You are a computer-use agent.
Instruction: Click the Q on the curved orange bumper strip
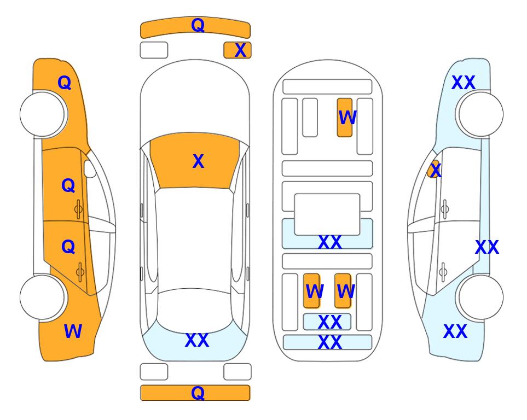click(x=198, y=25)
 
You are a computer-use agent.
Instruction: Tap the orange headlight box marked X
click(x=238, y=50)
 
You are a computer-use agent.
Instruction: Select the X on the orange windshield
click(x=198, y=161)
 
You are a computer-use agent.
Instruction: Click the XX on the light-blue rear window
click(x=197, y=340)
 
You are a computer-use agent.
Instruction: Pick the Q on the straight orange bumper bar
click(x=198, y=393)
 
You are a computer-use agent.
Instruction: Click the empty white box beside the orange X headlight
click(x=154, y=50)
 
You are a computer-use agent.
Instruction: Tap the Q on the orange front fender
click(x=65, y=83)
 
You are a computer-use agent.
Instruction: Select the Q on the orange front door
click(x=68, y=185)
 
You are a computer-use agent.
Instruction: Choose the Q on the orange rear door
click(x=68, y=247)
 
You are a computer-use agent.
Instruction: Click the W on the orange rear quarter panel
click(x=73, y=331)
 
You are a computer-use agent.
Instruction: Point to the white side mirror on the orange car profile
click(x=90, y=168)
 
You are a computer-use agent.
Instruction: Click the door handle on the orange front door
click(x=78, y=209)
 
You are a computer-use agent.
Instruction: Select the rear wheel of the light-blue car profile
click(x=481, y=297)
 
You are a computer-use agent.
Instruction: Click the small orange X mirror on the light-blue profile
click(x=434, y=169)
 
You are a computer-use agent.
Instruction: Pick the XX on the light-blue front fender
click(x=464, y=83)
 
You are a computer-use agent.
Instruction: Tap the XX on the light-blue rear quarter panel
click(x=455, y=331)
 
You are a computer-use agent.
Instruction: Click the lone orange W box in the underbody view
click(x=345, y=118)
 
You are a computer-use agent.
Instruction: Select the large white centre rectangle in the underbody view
click(x=327, y=214)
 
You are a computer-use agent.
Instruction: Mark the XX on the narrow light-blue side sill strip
click(x=487, y=248)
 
